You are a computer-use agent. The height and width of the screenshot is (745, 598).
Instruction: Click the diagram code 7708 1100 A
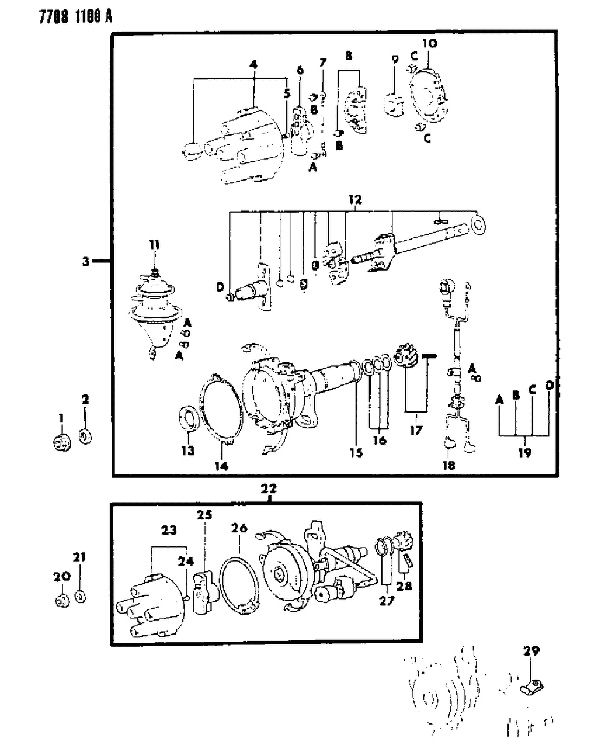click(59, 17)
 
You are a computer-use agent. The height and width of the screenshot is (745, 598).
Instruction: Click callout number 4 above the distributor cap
click(253, 65)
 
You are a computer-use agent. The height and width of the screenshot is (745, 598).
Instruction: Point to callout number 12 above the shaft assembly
click(355, 200)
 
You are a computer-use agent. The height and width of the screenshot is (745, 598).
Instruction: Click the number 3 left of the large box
click(85, 262)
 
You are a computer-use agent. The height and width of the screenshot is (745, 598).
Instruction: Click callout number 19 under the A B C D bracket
click(524, 452)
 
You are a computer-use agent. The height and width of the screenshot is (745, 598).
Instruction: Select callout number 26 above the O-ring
click(239, 529)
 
